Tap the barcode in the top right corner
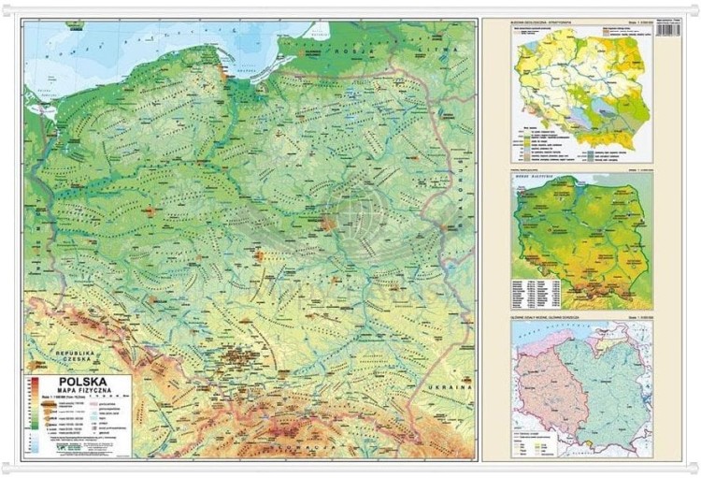pyautogui.click(x=668, y=29)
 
